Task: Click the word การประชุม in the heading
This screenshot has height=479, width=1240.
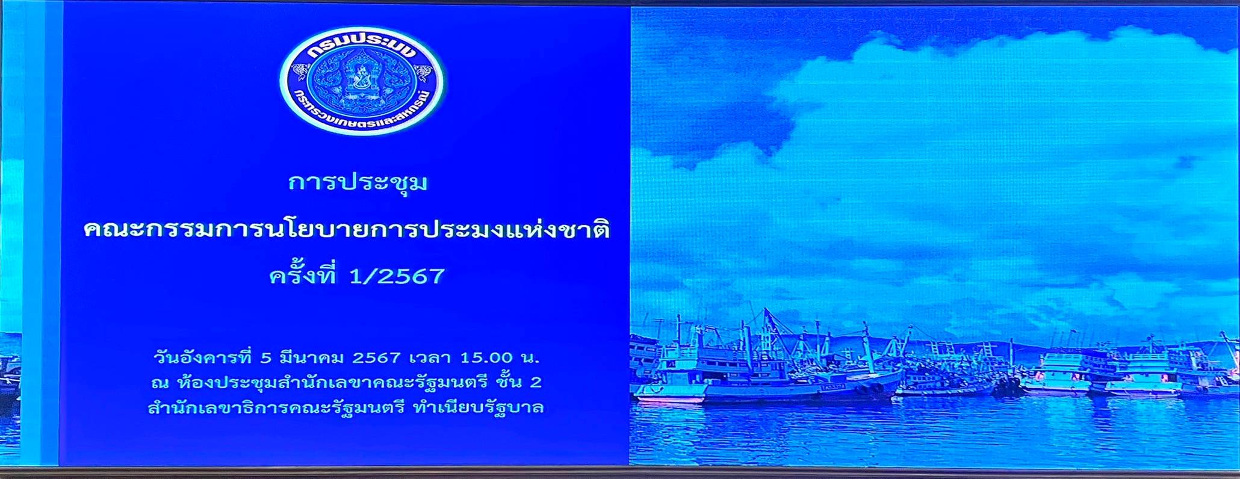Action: [x=358, y=181]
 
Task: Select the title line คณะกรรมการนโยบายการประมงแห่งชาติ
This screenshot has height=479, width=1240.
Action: [x=347, y=229]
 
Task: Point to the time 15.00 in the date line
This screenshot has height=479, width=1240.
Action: [x=486, y=358]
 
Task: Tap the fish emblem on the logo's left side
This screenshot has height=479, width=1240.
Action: [x=300, y=73]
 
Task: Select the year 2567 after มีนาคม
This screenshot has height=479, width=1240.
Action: [x=376, y=358]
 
